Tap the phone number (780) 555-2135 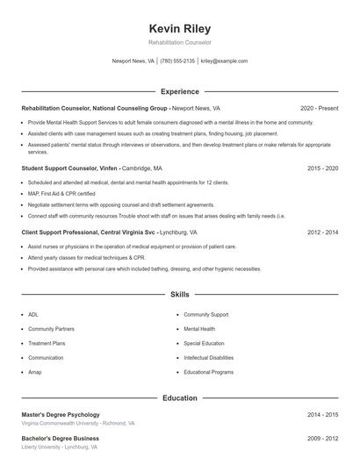[177, 61]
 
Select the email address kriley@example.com [224, 61]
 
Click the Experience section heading [179, 91]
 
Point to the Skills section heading [179, 295]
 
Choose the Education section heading [179, 397]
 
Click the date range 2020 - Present [319, 108]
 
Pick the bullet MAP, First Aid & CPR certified [61, 193]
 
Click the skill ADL [33, 314]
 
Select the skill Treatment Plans [46, 343]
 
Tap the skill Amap [35, 372]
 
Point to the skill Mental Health [198, 328]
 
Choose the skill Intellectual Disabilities [208, 358]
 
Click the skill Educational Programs [208, 372]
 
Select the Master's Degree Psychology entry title [61, 414]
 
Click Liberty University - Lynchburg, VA [59, 447]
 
